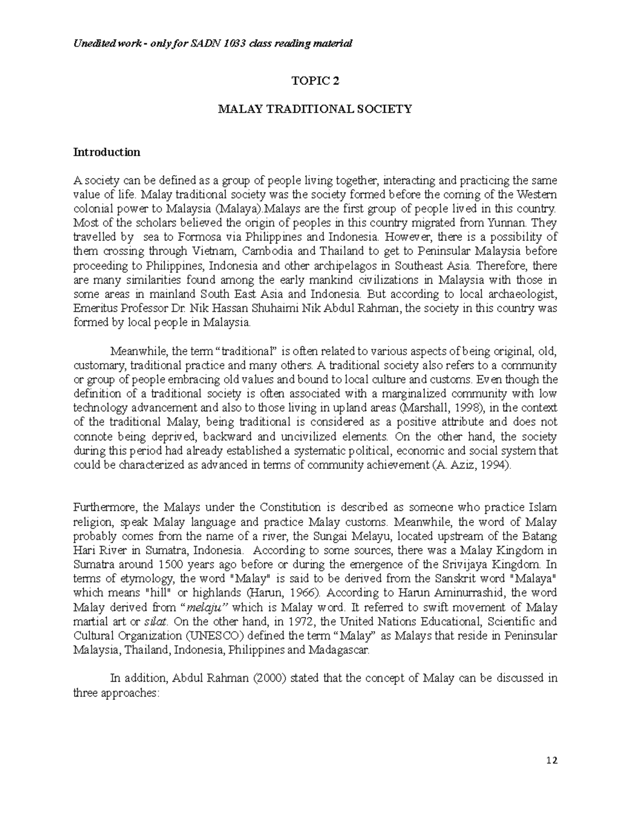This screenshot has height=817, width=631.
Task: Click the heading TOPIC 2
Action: pos(315,81)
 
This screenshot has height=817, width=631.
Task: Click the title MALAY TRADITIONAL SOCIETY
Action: pos(315,109)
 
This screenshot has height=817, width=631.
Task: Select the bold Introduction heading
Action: pos(107,153)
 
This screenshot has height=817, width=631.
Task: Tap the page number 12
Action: pos(552,761)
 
